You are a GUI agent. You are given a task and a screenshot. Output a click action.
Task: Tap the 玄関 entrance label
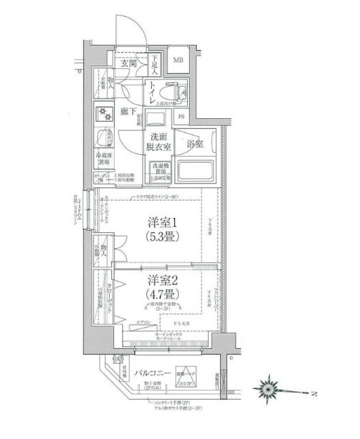(x=129, y=63)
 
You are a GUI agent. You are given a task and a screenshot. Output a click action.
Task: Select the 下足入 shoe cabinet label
(x=155, y=65)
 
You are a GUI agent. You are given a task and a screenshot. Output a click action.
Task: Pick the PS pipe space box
(x=181, y=117)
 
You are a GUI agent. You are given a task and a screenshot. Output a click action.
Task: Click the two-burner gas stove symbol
(x=105, y=113)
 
